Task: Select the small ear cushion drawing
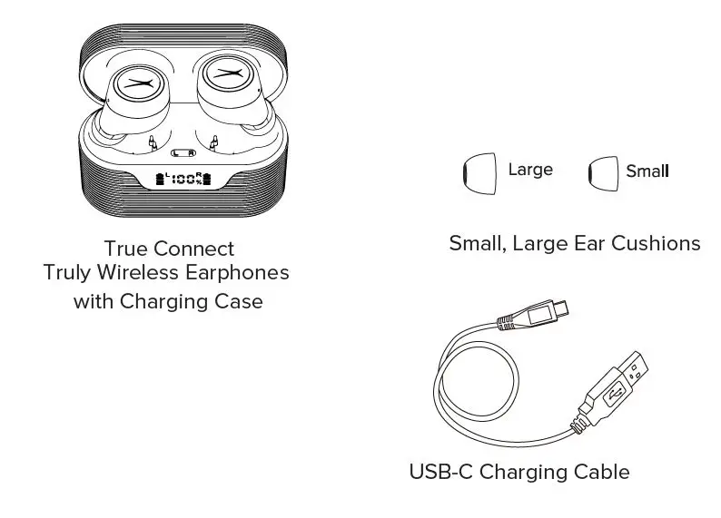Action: (x=603, y=171)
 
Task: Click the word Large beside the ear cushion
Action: (x=530, y=170)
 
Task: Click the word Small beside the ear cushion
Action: (x=647, y=171)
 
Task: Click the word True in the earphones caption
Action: (x=125, y=249)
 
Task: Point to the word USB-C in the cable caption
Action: (x=441, y=472)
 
